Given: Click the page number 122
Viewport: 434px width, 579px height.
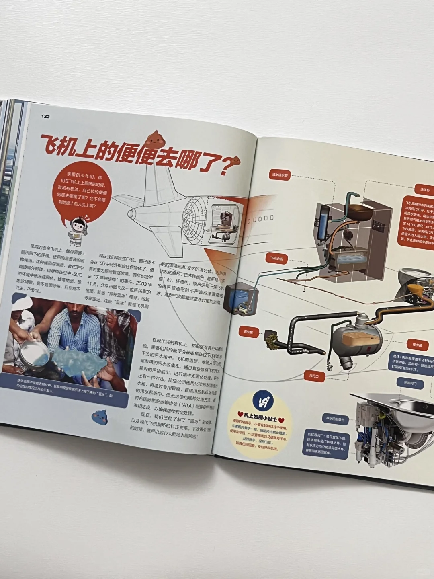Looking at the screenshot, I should click(45, 116).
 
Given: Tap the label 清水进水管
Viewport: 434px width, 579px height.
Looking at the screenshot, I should click(280, 175).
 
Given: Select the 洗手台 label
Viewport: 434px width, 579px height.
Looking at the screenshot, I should click(424, 189).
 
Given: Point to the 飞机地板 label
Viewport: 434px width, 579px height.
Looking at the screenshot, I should click(276, 259).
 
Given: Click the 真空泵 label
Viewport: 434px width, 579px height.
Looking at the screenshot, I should click(248, 332).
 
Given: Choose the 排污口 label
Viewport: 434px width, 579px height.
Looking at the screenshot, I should click(314, 376).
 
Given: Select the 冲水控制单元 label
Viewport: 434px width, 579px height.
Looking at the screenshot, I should click(335, 419).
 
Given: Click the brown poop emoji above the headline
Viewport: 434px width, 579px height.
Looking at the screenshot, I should click(154, 138).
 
